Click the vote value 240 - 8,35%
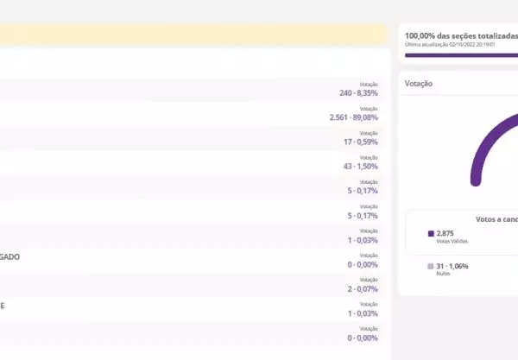click(358, 92)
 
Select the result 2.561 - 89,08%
click(353, 117)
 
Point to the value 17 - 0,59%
click(360, 141)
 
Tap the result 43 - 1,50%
click(360, 166)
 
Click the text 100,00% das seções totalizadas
click(460, 36)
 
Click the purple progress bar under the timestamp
click(460, 55)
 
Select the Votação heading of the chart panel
click(419, 84)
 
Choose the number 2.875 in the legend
click(445, 233)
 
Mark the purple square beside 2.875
click(431, 233)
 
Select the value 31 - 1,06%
click(452, 266)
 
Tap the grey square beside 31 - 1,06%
click(431, 266)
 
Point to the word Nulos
click(444, 274)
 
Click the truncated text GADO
click(9, 257)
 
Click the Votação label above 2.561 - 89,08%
click(369, 108)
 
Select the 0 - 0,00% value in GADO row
click(362, 264)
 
